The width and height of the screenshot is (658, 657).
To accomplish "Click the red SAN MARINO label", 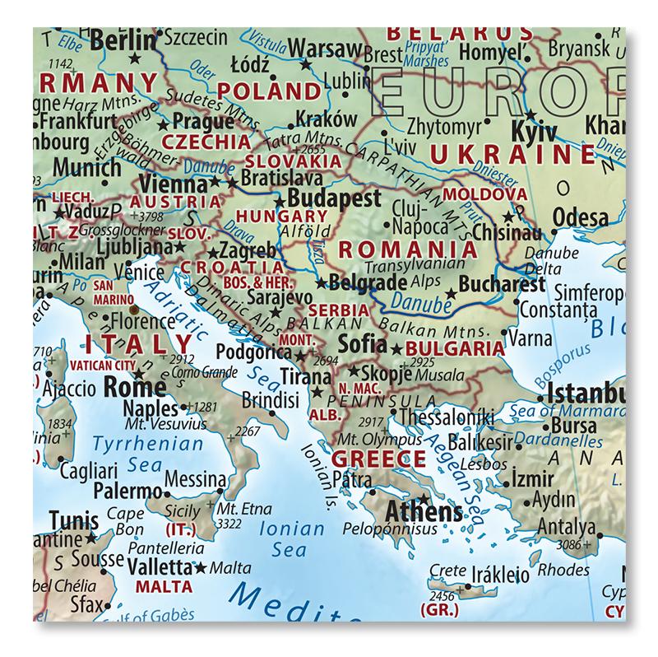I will click(112, 292).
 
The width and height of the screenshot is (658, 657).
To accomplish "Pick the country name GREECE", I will click(378, 459).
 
